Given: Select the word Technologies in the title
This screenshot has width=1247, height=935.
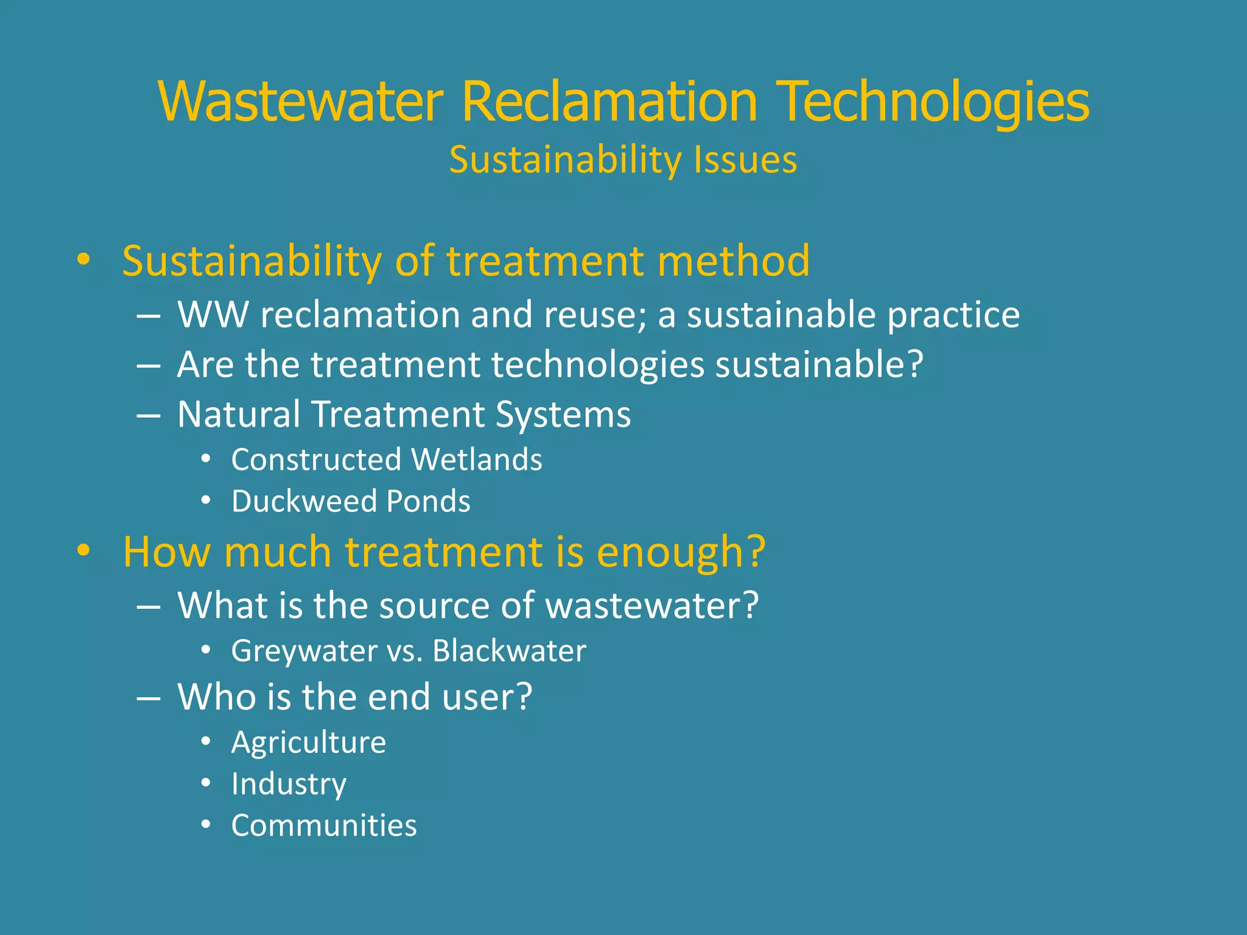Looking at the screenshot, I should point(935,102).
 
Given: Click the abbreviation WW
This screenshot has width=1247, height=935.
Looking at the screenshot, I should point(213,315).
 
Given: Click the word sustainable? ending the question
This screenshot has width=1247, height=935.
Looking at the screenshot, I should point(819,365).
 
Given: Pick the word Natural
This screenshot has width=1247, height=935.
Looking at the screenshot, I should point(239,415).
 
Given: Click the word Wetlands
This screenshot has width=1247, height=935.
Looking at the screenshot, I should point(477,460).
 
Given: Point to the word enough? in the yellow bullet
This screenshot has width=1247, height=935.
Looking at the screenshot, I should point(681,553).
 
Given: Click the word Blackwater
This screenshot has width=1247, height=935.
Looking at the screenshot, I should point(509,651).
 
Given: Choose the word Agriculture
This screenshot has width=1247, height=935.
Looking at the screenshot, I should point(309,743).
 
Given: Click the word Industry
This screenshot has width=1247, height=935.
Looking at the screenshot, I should point(289,785).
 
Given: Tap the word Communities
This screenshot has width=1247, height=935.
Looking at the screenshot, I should point(324,826).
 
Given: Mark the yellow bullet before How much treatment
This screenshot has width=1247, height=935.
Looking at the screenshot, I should point(83,550).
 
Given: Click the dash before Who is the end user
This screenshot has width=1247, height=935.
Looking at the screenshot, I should point(149,698).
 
